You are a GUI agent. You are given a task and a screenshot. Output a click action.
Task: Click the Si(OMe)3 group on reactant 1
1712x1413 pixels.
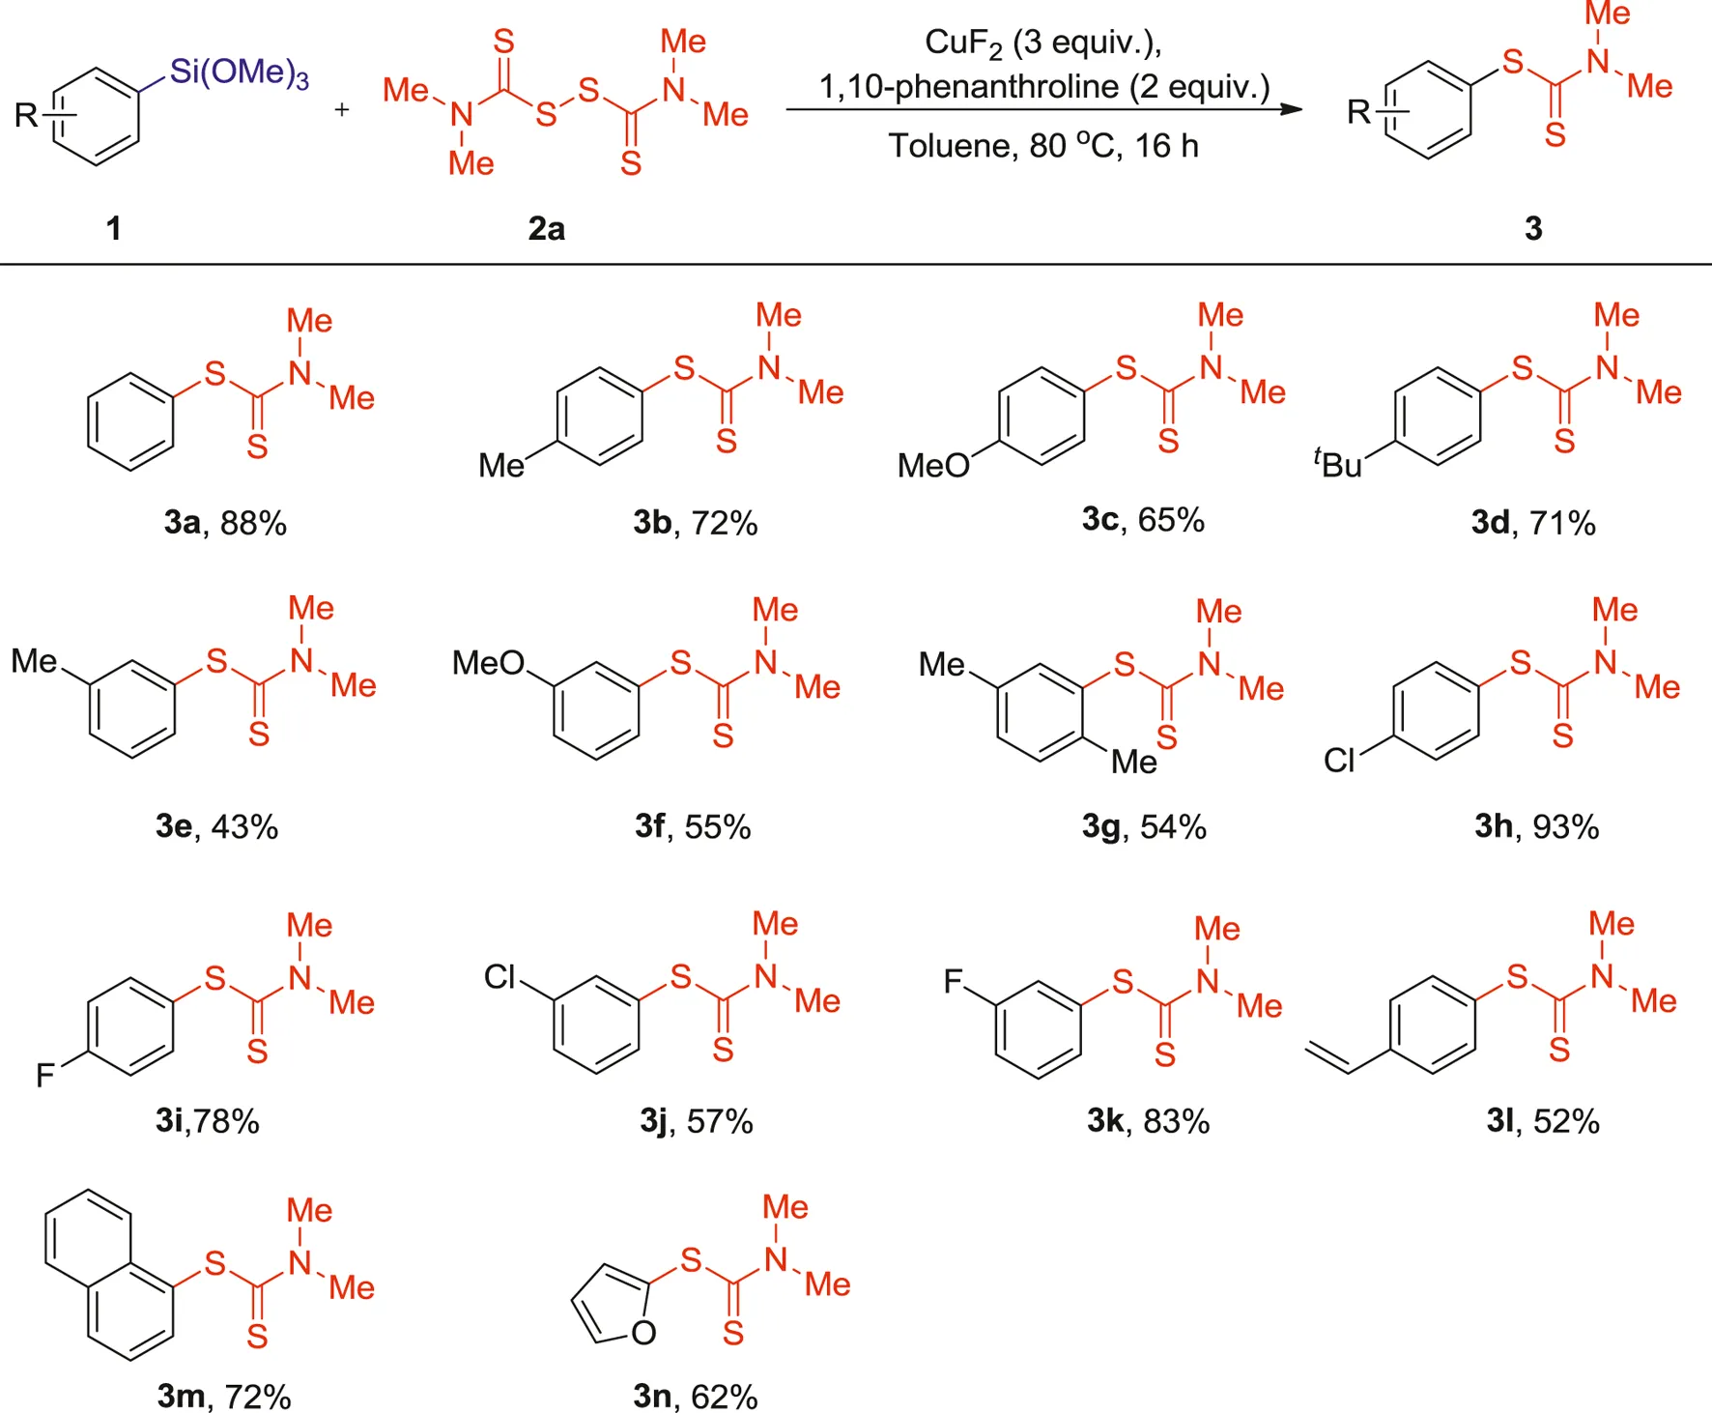click(239, 72)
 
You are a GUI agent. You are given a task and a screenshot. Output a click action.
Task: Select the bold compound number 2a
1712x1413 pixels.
click(546, 228)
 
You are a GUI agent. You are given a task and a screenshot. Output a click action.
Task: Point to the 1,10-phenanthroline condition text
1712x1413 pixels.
click(1043, 87)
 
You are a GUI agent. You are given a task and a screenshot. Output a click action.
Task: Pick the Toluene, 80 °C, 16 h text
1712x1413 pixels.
click(1043, 146)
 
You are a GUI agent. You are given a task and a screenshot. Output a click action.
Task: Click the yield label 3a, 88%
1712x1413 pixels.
click(225, 523)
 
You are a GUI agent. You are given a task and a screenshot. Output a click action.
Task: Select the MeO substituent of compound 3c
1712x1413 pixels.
click(932, 466)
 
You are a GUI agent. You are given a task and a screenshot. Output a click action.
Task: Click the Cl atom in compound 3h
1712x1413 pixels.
click(1339, 762)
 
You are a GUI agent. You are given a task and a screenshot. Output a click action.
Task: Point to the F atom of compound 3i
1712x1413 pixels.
click(44, 1075)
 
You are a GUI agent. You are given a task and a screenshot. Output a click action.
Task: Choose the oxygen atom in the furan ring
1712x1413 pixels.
click(643, 1334)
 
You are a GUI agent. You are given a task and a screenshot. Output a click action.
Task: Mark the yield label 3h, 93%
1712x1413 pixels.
click(1536, 826)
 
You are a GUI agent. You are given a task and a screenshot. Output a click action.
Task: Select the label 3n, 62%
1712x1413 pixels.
click(695, 1397)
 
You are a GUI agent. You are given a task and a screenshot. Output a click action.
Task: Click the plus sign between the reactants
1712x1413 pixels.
click(341, 110)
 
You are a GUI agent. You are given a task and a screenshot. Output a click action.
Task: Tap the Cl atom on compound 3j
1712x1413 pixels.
click(500, 977)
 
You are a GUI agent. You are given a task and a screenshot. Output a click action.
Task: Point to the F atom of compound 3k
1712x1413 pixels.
click(953, 982)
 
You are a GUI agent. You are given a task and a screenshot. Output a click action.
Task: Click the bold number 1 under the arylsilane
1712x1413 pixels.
click(113, 228)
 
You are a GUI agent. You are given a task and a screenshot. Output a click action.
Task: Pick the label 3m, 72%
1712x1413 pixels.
click(224, 1397)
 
